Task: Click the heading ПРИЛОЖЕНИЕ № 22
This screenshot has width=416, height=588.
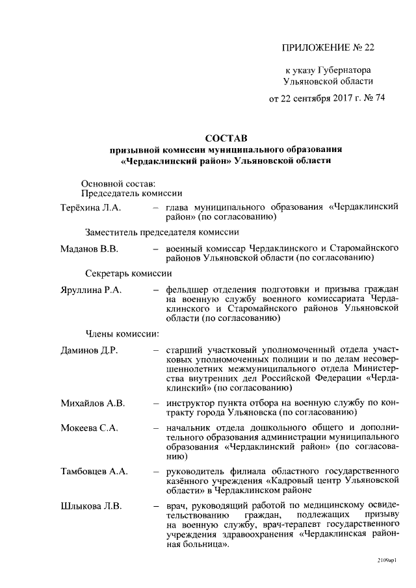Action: pos(328,47)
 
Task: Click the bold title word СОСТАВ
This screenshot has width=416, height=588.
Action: pos(226,138)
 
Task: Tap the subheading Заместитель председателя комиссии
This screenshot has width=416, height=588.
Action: pos(162,232)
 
